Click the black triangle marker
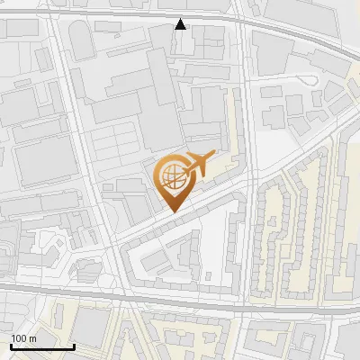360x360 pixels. [x=181, y=24]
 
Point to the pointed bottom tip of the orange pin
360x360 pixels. [x=172, y=211]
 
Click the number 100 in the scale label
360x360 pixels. [x=20, y=338]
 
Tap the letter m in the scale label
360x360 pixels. [x=33, y=338]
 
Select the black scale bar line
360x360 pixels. [x=41, y=347]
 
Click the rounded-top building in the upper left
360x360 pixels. [x=80, y=40]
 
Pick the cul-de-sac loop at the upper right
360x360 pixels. [x=312, y=78]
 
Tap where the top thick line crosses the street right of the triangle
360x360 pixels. [x=240, y=20]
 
